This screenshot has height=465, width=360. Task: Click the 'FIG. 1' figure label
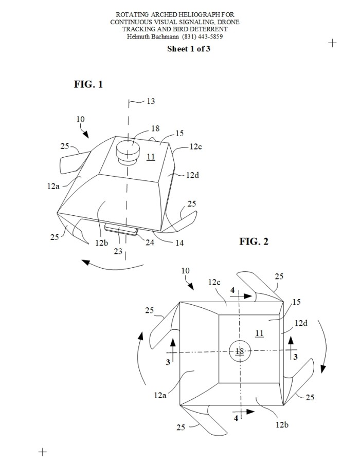(x=88, y=84)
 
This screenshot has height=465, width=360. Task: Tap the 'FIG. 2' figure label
(x=254, y=241)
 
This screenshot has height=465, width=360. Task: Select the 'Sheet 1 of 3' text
(x=188, y=49)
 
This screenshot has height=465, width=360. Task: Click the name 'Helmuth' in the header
(x=138, y=37)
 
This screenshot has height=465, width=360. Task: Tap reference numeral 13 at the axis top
(x=151, y=101)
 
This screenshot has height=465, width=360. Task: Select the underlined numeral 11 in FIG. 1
(x=151, y=156)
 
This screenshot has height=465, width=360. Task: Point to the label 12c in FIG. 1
(x=195, y=146)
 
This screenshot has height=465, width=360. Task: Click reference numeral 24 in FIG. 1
(x=150, y=243)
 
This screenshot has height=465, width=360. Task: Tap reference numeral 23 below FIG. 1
(x=118, y=251)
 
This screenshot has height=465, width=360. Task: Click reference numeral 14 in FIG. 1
(x=179, y=243)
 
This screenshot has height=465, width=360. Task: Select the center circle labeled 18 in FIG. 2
(x=240, y=351)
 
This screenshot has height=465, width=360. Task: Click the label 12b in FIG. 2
(x=282, y=425)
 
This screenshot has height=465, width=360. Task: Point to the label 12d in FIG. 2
(x=301, y=323)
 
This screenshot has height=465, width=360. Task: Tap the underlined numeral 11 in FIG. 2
(x=259, y=333)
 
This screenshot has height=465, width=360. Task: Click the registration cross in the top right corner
(x=332, y=43)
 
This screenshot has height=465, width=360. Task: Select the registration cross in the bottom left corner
(x=43, y=452)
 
